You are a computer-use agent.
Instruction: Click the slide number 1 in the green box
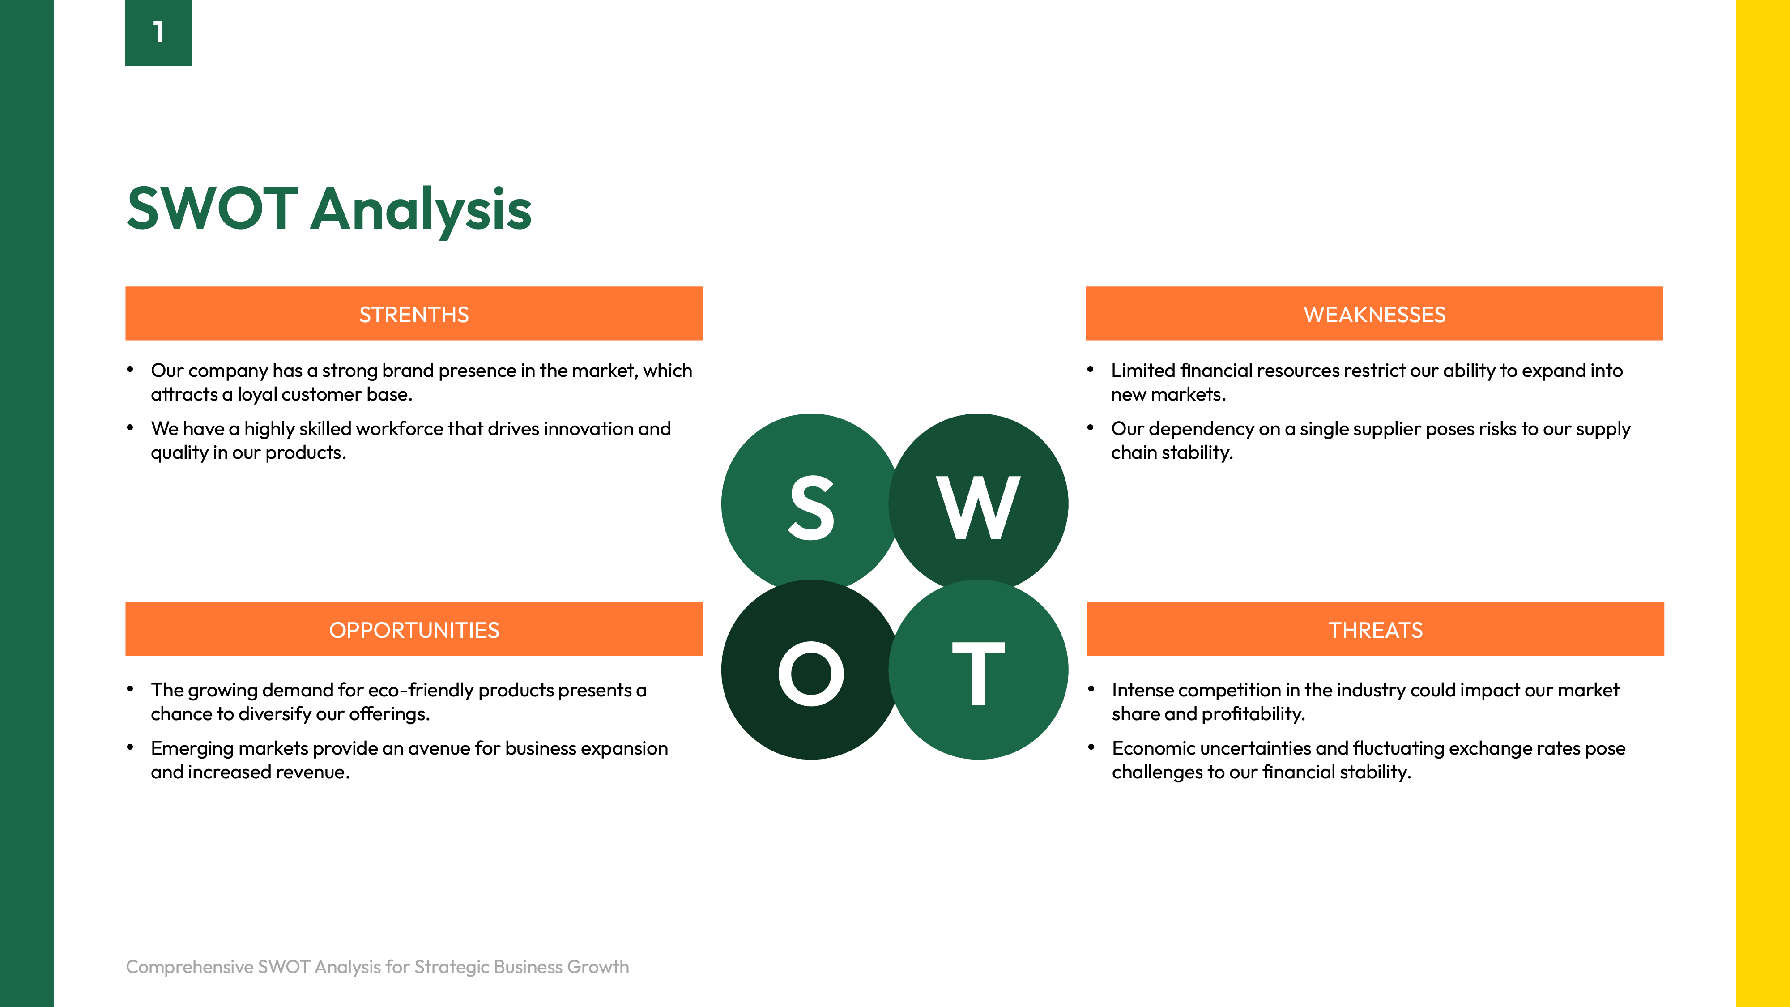(x=158, y=32)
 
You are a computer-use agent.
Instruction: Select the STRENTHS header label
(x=414, y=315)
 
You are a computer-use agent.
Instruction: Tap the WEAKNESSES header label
(x=1374, y=315)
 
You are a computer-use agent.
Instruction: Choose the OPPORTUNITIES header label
(x=414, y=630)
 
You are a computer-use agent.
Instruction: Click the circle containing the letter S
(x=811, y=503)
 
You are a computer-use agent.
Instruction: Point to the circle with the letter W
(x=978, y=503)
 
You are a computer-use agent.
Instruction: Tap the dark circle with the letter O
(x=811, y=670)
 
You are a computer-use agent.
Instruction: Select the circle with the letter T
(x=978, y=670)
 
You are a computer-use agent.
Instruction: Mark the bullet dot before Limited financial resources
(x=1090, y=370)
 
